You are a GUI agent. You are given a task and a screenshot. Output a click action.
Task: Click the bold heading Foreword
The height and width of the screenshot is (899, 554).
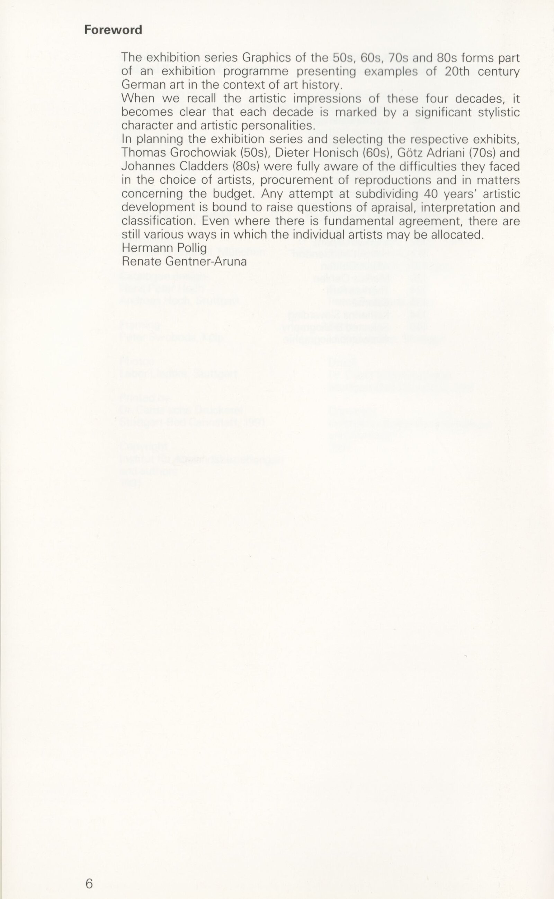click(113, 30)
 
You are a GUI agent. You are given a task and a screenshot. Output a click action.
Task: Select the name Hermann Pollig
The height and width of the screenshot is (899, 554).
click(164, 248)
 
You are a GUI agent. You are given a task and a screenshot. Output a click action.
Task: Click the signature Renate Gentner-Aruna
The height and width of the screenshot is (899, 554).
click(184, 262)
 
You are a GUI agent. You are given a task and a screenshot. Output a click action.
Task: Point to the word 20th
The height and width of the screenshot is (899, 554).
click(457, 71)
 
